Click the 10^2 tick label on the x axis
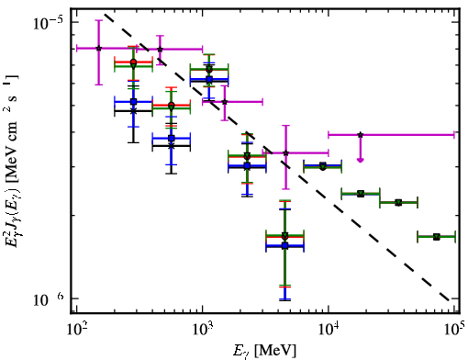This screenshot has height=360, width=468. [x=76, y=329]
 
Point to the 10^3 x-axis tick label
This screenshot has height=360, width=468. [x=203, y=329]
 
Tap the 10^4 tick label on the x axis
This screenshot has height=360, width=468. [x=329, y=329]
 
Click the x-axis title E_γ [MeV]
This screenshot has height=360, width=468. [x=264, y=351]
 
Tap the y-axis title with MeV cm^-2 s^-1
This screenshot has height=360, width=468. [x=12, y=161]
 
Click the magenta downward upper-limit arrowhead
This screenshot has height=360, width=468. [x=361, y=160]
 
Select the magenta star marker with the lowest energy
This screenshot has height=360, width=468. [x=98, y=49]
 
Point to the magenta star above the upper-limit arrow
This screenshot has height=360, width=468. [x=361, y=135]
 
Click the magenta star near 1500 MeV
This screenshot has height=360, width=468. [x=225, y=102]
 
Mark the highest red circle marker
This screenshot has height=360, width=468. [x=133, y=62]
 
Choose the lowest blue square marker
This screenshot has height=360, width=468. [x=285, y=245]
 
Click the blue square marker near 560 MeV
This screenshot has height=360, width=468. [x=172, y=138]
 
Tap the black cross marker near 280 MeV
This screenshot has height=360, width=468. [x=133, y=111]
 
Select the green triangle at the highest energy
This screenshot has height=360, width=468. [x=437, y=237]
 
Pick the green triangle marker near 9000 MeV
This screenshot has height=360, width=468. [x=322, y=166]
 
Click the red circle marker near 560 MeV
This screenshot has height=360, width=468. [x=172, y=106]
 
